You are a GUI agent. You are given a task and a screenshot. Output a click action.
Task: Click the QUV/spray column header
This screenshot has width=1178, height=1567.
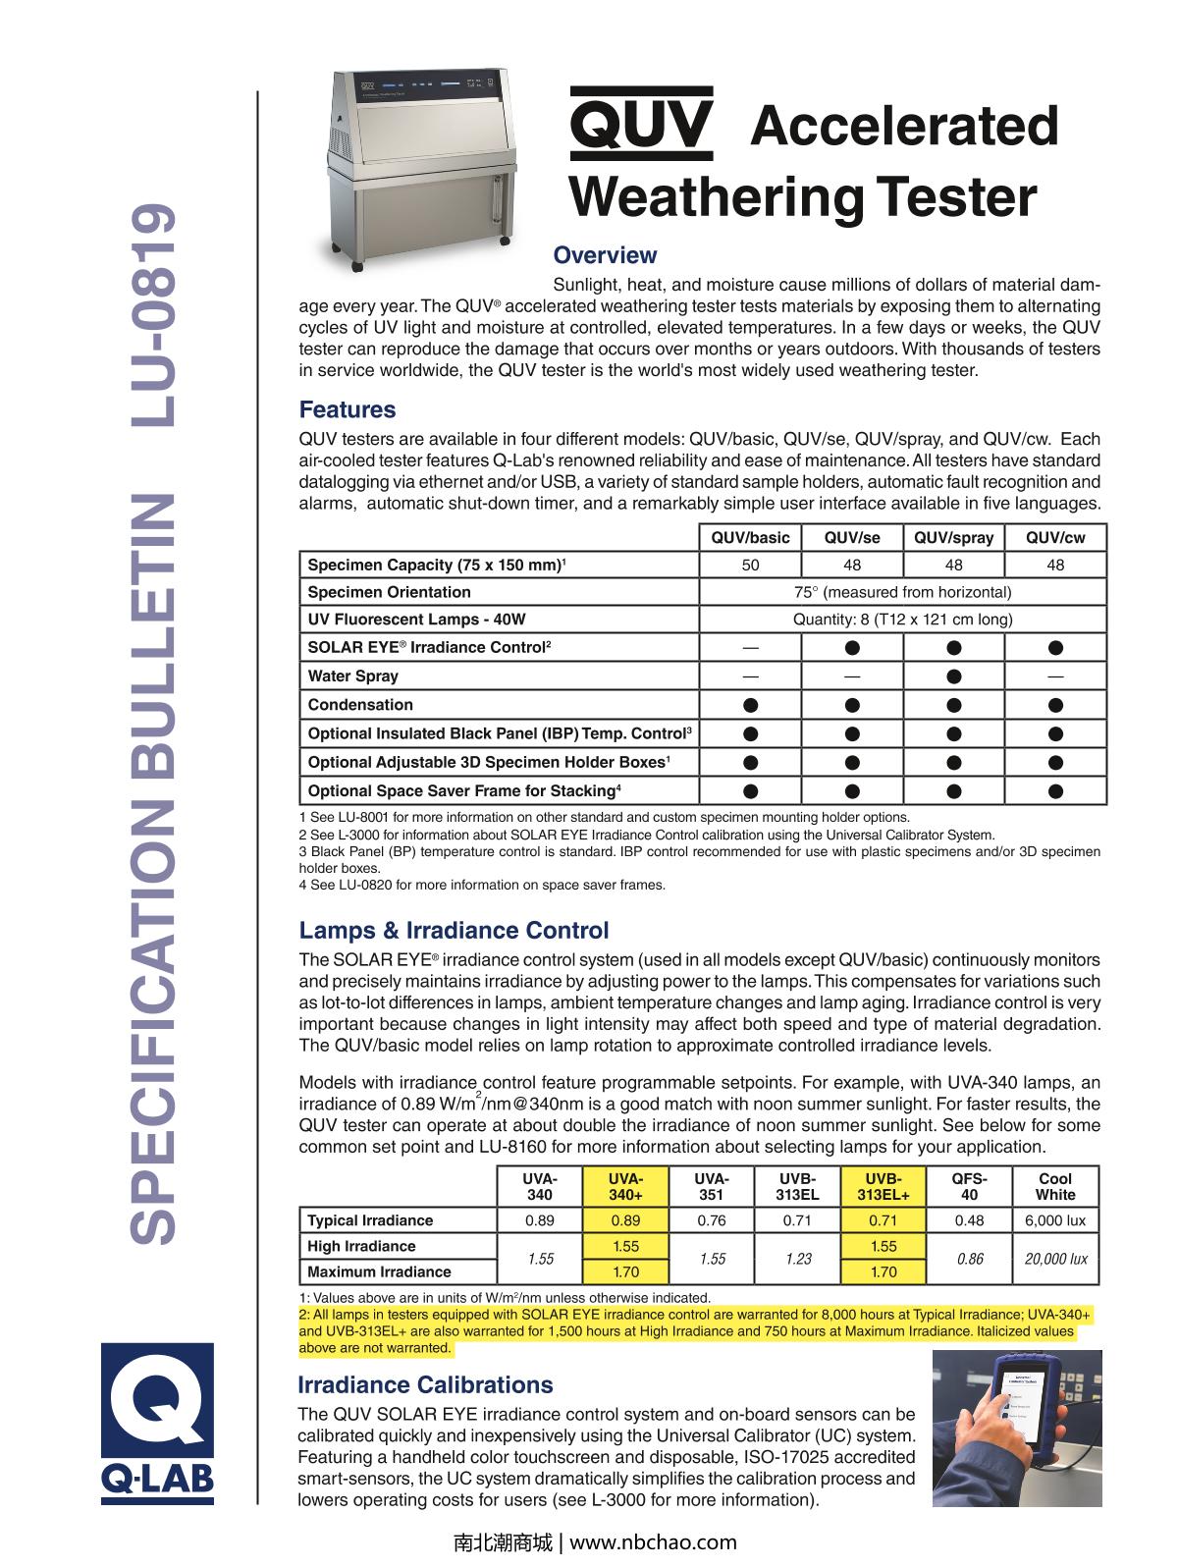[x=953, y=537]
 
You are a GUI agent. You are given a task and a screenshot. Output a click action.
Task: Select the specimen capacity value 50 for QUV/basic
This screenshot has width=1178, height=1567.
[x=750, y=565]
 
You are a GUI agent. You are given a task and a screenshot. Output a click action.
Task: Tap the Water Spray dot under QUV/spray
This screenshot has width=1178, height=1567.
[x=953, y=676]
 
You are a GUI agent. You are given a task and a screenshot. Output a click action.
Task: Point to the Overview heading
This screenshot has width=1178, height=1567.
[x=605, y=255]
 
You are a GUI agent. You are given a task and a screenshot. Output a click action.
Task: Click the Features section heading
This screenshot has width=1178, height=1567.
[x=348, y=409]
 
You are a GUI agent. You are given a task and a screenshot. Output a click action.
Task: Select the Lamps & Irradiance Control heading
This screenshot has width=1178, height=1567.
[x=454, y=930]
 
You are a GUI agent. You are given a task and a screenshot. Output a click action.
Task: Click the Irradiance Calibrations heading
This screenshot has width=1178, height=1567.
[x=425, y=1384]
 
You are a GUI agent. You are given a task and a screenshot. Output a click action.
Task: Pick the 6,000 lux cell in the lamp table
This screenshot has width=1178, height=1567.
[x=1055, y=1220]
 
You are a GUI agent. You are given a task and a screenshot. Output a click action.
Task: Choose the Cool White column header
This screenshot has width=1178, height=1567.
[x=1055, y=1186]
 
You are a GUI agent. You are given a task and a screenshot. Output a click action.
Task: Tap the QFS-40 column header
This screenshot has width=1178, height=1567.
[x=969, y=1186]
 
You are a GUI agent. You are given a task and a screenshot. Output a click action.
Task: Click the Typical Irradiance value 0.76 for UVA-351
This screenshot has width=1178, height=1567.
[x=711, y=1220]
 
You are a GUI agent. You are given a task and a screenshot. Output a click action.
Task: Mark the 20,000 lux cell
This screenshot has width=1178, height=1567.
[x=1055, y=1259]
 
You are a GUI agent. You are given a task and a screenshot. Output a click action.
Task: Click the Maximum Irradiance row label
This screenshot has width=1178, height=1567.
[x=379, y=1271]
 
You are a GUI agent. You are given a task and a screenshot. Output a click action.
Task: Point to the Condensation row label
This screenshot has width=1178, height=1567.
[x=360, y=705]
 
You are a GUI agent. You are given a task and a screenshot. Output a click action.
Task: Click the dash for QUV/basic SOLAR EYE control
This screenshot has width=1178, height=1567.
[x=750, y=648]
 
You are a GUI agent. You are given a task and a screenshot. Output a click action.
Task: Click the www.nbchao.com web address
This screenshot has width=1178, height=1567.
[x=653, y=1542]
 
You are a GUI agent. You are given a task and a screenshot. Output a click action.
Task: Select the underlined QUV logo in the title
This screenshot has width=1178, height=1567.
[x=640, y=125]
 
